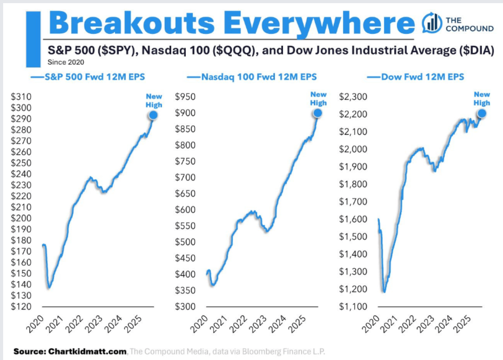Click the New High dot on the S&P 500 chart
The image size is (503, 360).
[153, 115]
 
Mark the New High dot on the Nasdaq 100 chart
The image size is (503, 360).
[317, 113]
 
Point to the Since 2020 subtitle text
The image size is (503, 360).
[66, 62]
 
